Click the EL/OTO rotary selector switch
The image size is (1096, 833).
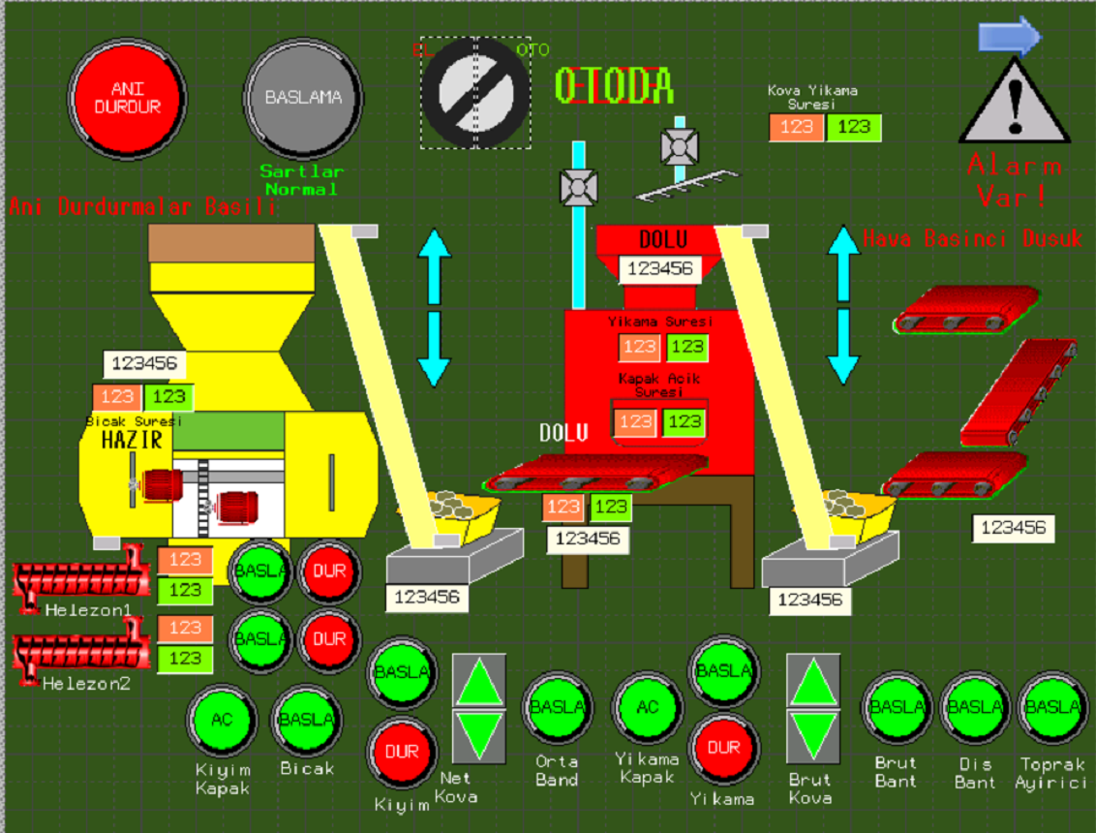(x=475, y=94)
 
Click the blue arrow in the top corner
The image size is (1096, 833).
(x=1009, y=36)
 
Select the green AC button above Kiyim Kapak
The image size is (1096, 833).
(x=222, y=719)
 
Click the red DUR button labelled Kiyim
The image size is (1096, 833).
(x=402, y=752)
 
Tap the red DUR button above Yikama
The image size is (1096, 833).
(x=723, y=748)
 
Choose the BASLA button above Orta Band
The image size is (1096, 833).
(x=557, y=707)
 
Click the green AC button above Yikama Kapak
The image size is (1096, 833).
(x=648, y=707)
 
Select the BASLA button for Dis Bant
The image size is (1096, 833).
(x=975, y=707)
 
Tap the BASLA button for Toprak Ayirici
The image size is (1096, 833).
(x=1052, y=707)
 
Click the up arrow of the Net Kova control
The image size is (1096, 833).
(x=479, y=683)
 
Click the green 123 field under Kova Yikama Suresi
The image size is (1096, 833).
(x=854, y=127)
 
